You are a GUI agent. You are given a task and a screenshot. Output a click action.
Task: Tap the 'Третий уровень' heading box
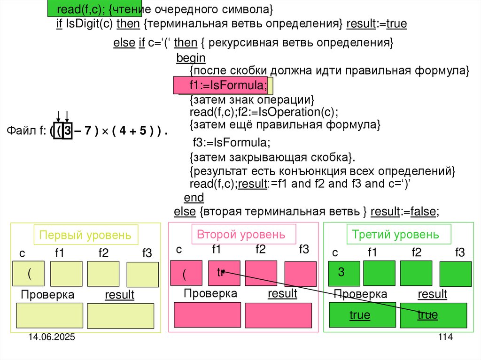[399, 234]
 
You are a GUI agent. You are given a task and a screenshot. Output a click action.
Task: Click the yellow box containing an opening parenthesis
[29, 274]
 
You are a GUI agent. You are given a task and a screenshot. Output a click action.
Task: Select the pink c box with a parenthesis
[186, 273]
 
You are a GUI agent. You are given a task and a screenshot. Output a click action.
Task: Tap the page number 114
[445, 337]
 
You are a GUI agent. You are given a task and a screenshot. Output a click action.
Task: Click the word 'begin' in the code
[191, 58]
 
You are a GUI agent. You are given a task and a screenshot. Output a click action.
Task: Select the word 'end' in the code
[194, 197]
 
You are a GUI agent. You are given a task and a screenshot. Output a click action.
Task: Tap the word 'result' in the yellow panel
[119, 295]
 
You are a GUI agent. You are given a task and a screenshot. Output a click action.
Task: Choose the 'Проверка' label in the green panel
[360, 294]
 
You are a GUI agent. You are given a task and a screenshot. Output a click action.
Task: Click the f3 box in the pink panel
[300, 273]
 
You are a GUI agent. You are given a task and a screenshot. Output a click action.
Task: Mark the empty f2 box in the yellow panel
[103, 274]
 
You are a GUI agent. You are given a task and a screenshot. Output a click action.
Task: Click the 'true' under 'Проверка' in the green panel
[359, 315]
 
